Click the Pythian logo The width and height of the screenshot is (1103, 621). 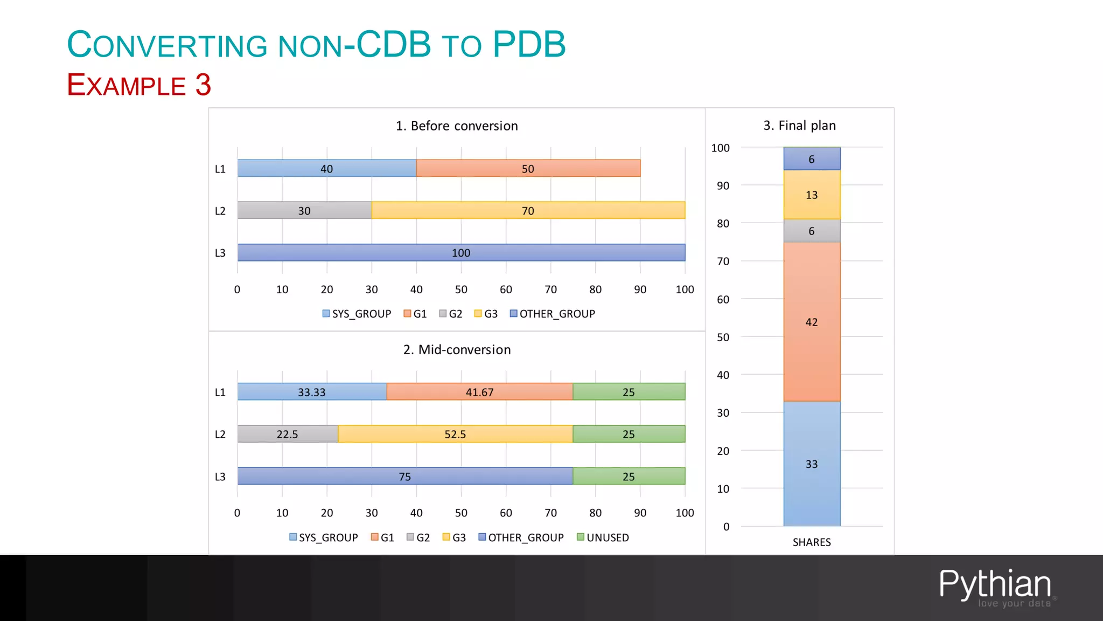pos(995,586)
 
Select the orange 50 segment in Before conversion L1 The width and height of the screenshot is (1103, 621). pos(528,168)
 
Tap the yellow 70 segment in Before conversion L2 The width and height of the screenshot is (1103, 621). pos(528,210)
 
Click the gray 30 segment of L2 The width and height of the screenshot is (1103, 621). pos(304,210)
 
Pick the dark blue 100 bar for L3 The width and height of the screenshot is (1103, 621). pos(461,253)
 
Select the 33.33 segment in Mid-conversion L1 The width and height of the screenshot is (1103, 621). pos(312,392)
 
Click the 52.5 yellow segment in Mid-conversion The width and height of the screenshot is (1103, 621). pos(455,434)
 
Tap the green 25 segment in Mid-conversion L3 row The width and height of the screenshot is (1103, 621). pos(629,477)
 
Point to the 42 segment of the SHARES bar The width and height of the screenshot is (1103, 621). pos(812,322)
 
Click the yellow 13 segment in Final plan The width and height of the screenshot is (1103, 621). pos(812,195)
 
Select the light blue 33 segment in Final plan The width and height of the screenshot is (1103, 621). pos(812,464)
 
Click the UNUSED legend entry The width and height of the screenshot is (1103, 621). pos(603,537)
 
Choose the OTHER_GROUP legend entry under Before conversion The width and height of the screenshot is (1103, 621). pos(552,314)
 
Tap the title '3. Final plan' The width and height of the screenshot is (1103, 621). pos(799,126)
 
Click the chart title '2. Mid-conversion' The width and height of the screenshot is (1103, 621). pos(457,349)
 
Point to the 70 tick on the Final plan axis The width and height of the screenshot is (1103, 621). pos(723,261)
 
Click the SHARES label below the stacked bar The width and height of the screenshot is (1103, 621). pos(812,542)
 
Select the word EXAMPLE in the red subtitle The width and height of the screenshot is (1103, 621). pos(127,85)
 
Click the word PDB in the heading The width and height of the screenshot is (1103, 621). pos(529,44)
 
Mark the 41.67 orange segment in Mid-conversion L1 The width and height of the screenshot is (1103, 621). pos(479,392)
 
